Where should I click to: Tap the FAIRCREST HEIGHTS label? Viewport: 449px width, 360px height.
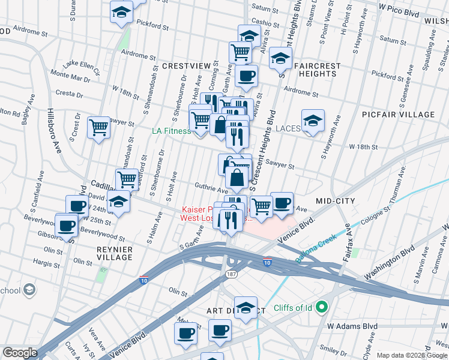coord(310,70)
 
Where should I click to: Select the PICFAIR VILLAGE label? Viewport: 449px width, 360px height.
coord(398,114)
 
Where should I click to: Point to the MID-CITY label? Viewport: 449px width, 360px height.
coord(336,200)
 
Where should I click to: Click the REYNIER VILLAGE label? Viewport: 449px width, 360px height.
coord(114,253)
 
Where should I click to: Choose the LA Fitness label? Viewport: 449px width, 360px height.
coord(172,131)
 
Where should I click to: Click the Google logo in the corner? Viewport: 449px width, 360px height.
coord(19,353)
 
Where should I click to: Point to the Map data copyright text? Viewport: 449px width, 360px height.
coord(412,355)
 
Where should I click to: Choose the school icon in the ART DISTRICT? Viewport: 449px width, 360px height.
coord(246,308)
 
